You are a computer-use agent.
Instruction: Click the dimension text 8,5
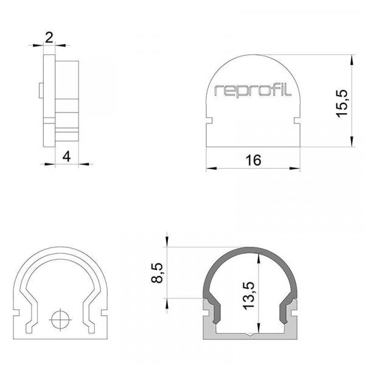(158, 272)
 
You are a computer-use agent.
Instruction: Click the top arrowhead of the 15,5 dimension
(351, 60)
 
